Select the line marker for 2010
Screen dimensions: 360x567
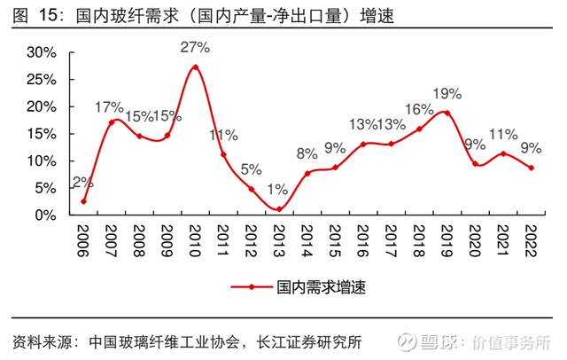click(x=196, y=67)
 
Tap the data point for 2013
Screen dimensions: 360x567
click(x=279, y=209)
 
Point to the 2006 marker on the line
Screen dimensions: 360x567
click(x=83, y=201)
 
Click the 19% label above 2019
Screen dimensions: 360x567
click(x=447, y=93)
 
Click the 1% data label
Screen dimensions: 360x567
click(x=278, y=190)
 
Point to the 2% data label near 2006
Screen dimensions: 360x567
click(x=82, y=183)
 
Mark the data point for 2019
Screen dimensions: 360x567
click(x=447, y=113)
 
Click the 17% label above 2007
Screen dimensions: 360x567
click(x=110, y=108)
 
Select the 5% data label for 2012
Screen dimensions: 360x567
click(x=251, y=169)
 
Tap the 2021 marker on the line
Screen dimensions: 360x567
click(x=502, y=153)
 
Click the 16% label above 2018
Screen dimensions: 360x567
click(x=419, y=109)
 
